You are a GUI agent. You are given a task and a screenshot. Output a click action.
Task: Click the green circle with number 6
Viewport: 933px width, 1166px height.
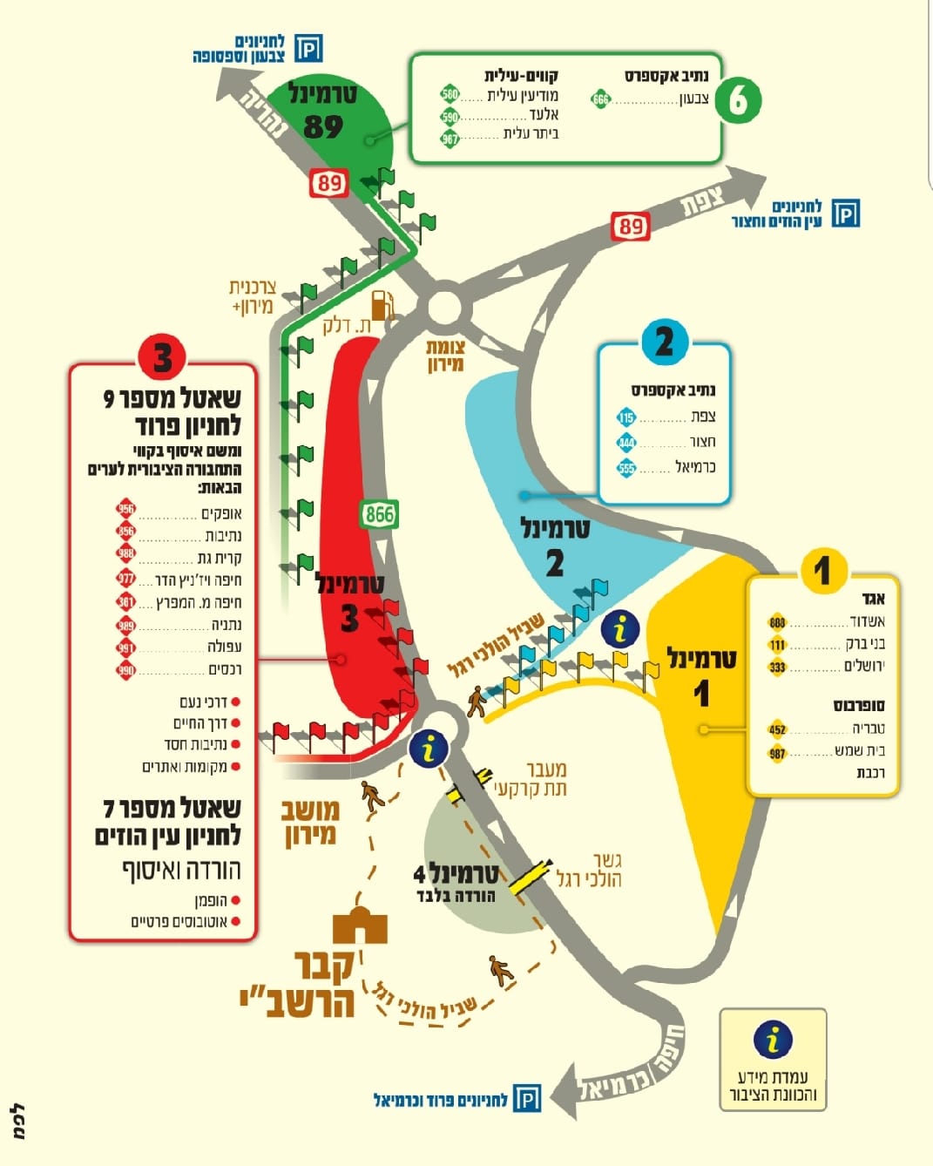tap(738, 100)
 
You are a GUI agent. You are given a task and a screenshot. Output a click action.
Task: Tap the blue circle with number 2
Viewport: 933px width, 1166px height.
tap(664, 342)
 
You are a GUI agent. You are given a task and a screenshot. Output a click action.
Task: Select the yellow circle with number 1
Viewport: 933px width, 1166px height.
tap(821, 571)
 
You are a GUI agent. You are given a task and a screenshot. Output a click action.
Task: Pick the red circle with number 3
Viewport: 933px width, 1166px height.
tap(162, 358)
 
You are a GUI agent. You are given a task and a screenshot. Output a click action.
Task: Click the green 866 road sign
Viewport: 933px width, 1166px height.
tap(379, 514)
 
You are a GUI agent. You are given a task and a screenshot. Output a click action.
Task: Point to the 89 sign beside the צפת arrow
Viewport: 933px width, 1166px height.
tap(631, 227)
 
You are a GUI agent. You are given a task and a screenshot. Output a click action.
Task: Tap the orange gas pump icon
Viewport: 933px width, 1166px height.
tap(382, 306)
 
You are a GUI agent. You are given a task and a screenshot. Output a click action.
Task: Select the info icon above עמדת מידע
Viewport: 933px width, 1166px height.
tap(773, 1040)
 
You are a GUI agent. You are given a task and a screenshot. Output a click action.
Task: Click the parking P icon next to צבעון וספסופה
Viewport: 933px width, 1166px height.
tap(308, 48)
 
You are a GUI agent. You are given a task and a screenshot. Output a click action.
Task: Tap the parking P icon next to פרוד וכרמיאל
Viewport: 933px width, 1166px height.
tap(526, 1099)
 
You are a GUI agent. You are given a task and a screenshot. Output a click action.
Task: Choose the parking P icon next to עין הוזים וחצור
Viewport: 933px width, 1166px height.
tap(845, 213)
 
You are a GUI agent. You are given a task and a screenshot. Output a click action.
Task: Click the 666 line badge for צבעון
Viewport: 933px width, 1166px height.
tap(600, 99)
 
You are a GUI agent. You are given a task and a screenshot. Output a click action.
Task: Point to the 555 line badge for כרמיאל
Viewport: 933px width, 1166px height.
tap(626, 468)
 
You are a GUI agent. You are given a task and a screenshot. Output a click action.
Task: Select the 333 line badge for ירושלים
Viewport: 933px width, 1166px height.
tap(777, 668)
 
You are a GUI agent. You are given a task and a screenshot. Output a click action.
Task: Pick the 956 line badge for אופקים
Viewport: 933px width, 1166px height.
tap(126, 511)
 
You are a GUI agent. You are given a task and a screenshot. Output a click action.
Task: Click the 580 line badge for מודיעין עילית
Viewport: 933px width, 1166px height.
tap(450, 95)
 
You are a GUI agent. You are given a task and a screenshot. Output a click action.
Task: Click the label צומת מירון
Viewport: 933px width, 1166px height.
tap(445, 356)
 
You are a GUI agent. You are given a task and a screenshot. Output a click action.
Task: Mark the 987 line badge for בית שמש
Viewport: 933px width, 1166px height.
tap(777, 754)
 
